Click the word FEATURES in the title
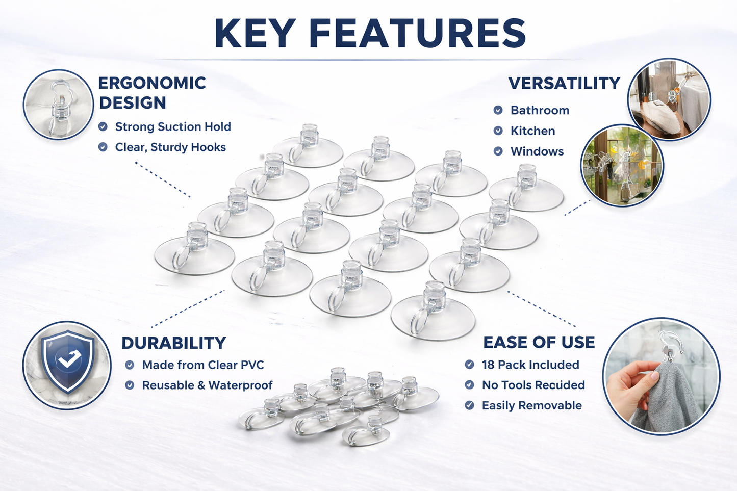[x=417, y=34]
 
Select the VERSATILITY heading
[x=564, y=83]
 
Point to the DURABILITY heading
[x=173, y=343]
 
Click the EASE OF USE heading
[x=539, y=342]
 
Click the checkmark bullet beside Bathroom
[x=498, y=110]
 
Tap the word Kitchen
[x=532, y=131]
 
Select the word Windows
[x=537, y=151]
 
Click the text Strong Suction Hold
[x=173, y=126]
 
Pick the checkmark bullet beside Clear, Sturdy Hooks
[x=103, y=147]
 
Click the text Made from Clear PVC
[x=203, y=365]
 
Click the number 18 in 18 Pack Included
[x=488, y=365]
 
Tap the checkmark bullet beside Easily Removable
[x=470, y=406]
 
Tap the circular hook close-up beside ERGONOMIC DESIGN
[x=59, y=105]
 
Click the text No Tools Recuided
[x=533, y=385]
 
